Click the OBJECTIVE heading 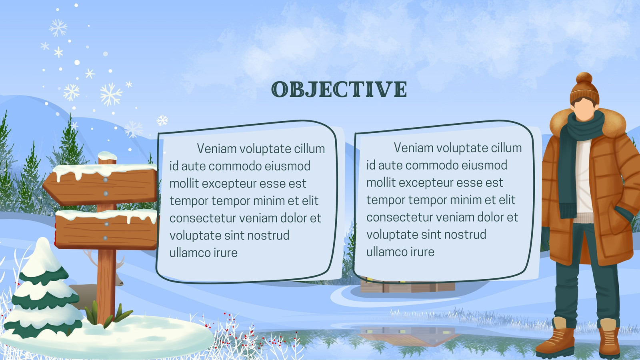click(339, 89)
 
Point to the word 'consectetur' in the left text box click(202, 218)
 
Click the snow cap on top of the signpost click(107, 156)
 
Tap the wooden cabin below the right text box click(408, 285)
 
